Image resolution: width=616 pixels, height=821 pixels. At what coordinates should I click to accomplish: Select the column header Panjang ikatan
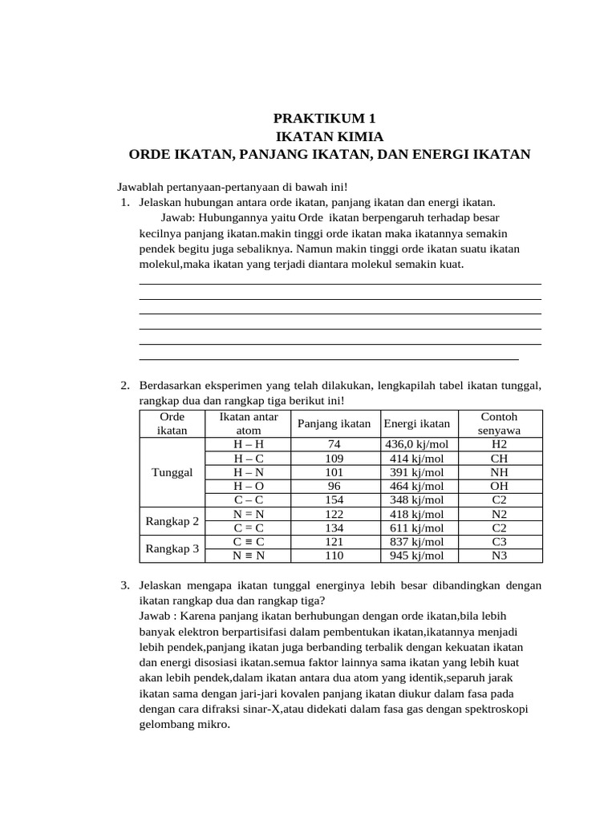(x=334, y=424)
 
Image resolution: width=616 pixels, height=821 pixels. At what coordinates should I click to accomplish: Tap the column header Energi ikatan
(x=416, y=424)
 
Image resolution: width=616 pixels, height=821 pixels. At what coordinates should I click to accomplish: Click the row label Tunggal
(x=172, y=472)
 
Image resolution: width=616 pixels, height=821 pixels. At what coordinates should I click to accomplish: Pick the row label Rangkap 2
(x=172, y=521)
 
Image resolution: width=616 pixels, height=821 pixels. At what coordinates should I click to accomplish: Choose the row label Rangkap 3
(x=172, y=548)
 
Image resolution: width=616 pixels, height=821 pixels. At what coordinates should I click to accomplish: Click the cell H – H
(x=249, y=444)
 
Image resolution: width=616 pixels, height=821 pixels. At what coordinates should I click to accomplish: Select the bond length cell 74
(x=334, y=444)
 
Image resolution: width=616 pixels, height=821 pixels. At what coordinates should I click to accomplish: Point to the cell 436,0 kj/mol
(x=416, y=444)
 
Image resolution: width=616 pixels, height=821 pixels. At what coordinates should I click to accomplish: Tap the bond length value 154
(x=334, y=499)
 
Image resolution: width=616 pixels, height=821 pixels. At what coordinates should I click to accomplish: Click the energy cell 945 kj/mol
(x=416, y=556)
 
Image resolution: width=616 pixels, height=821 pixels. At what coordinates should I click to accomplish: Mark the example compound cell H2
(x=499, y=444)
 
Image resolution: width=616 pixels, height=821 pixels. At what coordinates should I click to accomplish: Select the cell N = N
(x=249, y=514)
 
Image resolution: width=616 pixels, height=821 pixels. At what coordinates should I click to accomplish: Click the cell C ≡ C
(x=249, y=542)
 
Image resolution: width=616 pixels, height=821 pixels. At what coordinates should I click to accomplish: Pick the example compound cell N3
(x=499, y=556)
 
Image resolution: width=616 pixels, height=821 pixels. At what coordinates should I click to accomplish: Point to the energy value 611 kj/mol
(x=416, y=528)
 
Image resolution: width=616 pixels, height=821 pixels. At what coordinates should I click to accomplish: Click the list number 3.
(x=125, y=586)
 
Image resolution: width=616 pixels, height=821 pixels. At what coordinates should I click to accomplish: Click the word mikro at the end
(x=212, y=724)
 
